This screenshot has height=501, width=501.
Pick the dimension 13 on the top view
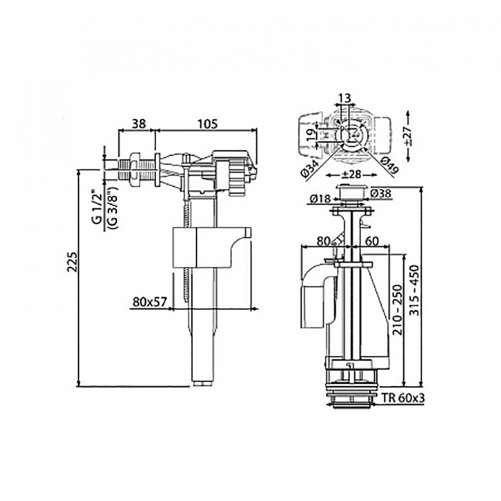tap(345, 98)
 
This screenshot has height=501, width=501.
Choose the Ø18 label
tap(319, 199)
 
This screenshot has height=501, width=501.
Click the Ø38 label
tap(381, 193)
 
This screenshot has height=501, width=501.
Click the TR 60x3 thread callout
tap(403, 398)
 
